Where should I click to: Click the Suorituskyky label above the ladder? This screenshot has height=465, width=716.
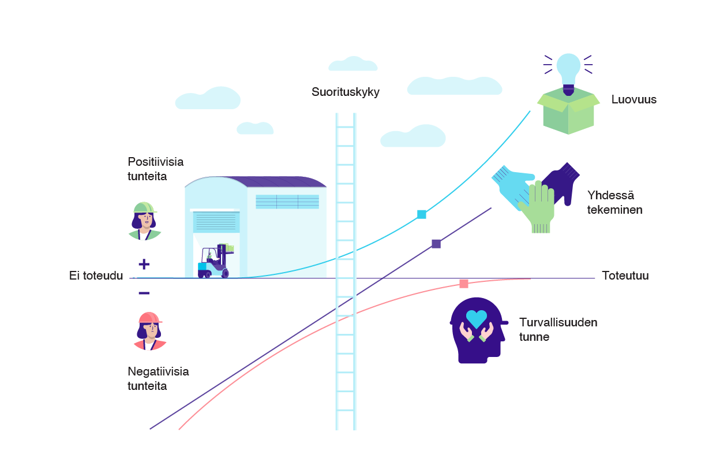pos(346,92)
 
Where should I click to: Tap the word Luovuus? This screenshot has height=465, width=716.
pos(634,99)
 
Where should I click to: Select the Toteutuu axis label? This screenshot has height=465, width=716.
pos(625,276)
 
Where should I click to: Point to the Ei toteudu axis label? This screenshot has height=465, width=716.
pos(96,276)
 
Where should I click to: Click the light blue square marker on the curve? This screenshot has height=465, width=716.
pos(422,214)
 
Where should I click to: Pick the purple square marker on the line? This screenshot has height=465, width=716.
pos(436,244)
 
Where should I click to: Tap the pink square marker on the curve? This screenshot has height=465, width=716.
pos(464,284)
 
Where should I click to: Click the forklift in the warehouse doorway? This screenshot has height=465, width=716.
pos(216,261)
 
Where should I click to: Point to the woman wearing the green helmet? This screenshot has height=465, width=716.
pos(144,221)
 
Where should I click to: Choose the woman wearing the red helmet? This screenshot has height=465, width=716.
pos(150,331)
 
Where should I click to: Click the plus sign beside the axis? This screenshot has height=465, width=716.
pos(144,264)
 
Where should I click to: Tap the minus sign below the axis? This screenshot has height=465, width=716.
pos(144,293)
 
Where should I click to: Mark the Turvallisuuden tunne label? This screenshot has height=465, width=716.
pos(558,330)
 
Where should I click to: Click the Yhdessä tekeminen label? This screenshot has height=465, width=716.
pos(614,203)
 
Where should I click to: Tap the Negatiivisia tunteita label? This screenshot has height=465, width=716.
pos(158,379)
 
